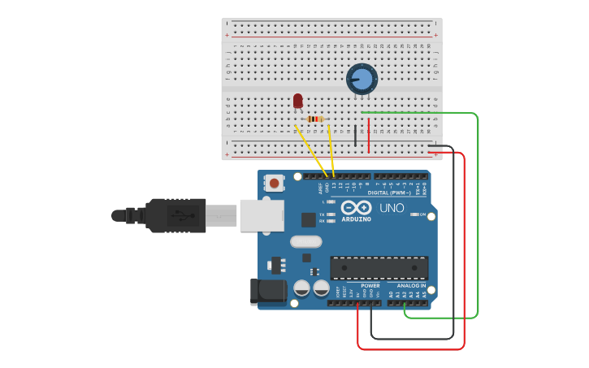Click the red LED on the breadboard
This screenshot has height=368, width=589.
pyautogui.click(x=297, y=101)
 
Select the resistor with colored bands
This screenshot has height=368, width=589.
pyautogui.click(x=316, y=119)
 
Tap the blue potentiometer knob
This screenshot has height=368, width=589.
pyautogui.click(x=362, y=80)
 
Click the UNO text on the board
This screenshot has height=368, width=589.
pyautogui.click(x=392, y=208)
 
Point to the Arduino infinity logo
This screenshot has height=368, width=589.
pyautogui.click(x=355, y=207)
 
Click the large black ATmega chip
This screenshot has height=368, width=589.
pyautogui.click(x=379, y=268)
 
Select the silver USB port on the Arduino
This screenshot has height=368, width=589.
pyautogui.click(x=262, y=215)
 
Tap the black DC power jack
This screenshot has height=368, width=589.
pyautogui.click(x=270, y=292)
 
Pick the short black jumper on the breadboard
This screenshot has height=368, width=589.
pyautogui.click(x=355, y=136)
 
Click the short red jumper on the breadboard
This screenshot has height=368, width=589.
pyautogui.click(x=369, y=136)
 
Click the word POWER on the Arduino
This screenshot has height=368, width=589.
pyautogui.click(x=370, y=286)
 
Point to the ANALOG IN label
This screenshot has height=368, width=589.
pyautogui.click(x=410, y=286)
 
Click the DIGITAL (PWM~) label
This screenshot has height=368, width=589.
pyautogui.click(x=388, y=193)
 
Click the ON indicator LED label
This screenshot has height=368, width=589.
pyautogui.click(x=423, y=214)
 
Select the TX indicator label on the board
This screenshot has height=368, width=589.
pyautogui.click(x=322, y=214)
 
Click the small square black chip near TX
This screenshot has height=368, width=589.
pyautogui.click(x=308, y=219)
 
